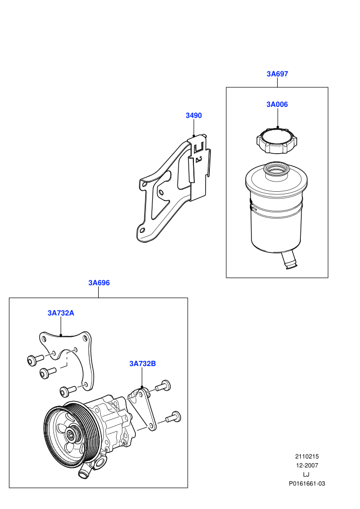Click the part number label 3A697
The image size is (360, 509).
(277, 74)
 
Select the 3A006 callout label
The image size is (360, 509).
(277, 104)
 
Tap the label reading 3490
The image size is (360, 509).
(193, 115)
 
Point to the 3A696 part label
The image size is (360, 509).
(99, 283)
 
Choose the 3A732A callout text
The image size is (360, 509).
(61, 313)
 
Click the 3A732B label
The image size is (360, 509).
(142, 363)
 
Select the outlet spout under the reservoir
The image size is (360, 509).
(289, 261)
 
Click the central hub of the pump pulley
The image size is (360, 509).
(70, 433)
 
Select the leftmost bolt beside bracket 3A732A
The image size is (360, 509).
(35, 359)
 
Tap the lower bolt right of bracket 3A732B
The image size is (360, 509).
(173, 417)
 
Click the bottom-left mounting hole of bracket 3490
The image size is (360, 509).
(141, 230)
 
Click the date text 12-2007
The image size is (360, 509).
(307, 465)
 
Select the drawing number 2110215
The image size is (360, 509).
(307, 456)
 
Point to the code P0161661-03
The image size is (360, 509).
(307, 483)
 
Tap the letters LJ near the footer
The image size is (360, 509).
(306, 474)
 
